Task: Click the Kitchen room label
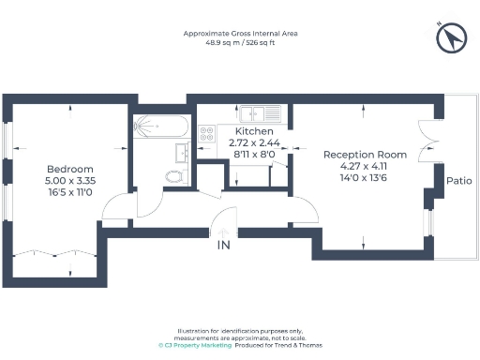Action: click(254, 131)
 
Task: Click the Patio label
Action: click(458, 181)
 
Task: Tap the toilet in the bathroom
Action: click(174, 175)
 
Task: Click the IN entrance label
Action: click(223, 245)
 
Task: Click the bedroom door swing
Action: click(117, 205)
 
